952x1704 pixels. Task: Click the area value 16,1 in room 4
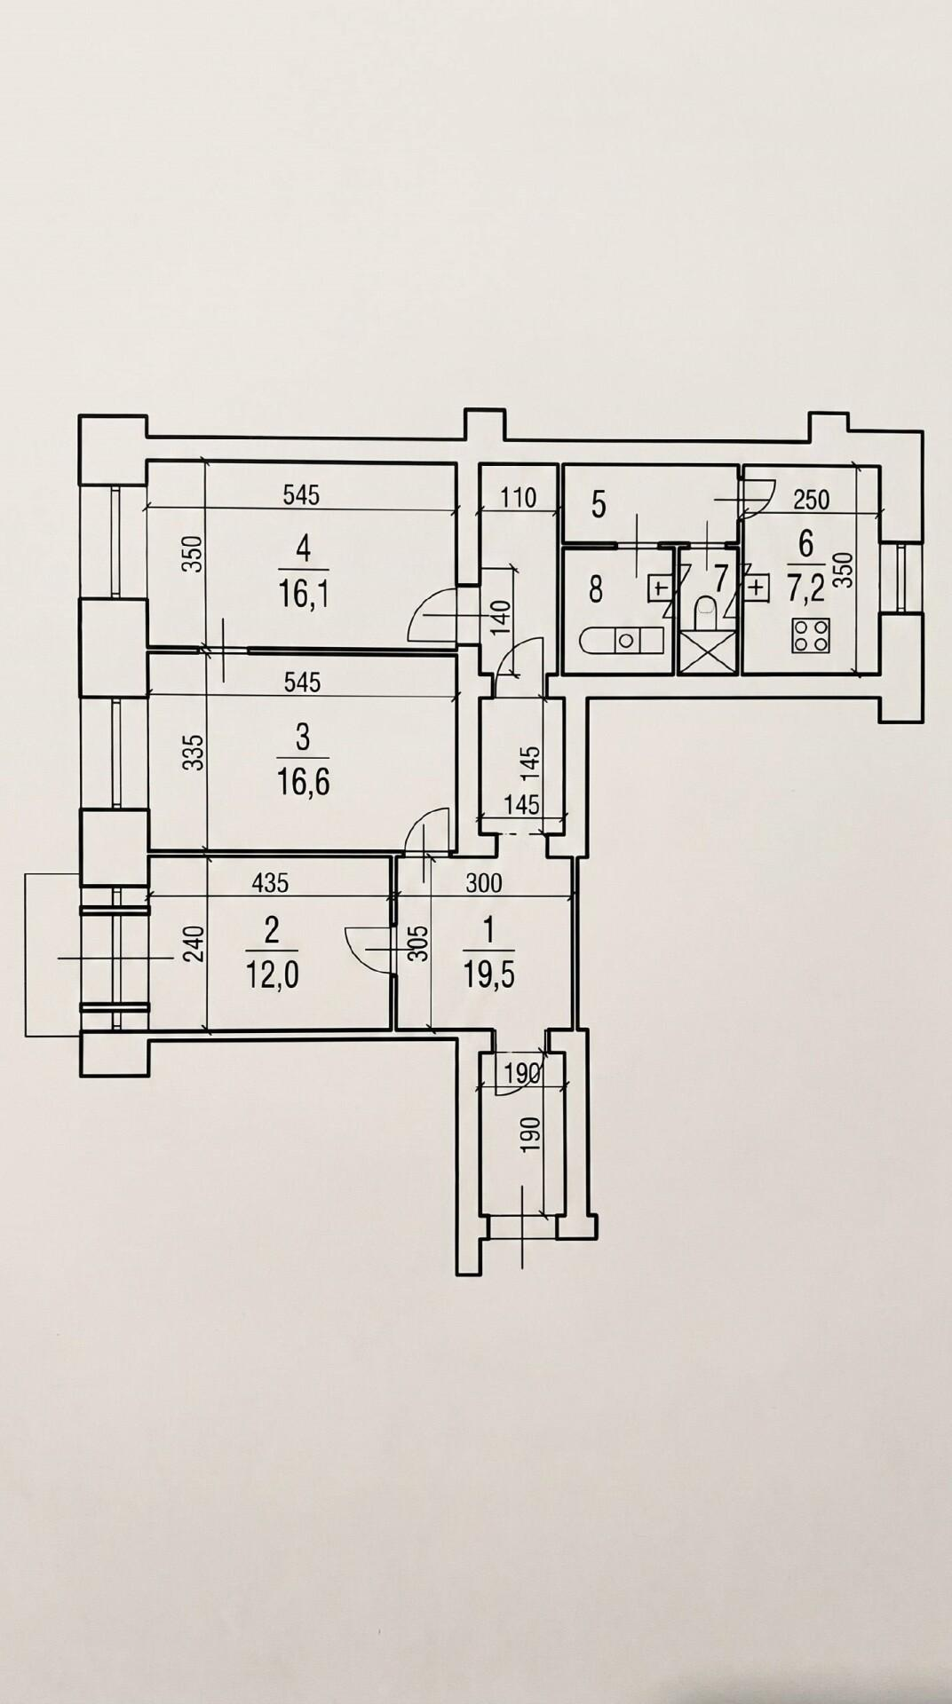[x=303, y=593]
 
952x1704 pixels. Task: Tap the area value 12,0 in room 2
[x=272, y=975]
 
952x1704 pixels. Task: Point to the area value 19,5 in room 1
[x=489, y=975]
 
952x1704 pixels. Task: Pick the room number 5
[x=599, y=506]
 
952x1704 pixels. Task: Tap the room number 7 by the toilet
[x=720, y=579]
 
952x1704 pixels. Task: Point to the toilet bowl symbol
[x=705, y=611]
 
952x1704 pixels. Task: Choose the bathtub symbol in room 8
[x=621, y=639]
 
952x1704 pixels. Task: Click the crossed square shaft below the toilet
[x=705, y=653]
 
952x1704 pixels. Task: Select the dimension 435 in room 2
[x=270, y=883]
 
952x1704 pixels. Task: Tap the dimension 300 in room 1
[x=485, y=883]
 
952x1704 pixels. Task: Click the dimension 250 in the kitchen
[x=811, y=499]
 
